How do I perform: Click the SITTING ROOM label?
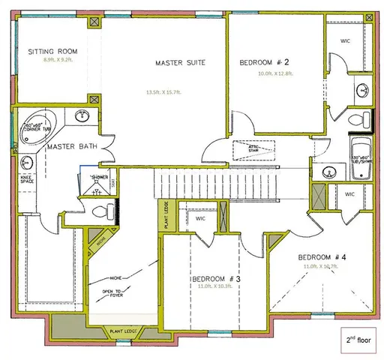tap(53, 52)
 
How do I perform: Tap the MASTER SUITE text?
tap(180, 62)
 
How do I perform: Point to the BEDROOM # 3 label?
tap(214, 279)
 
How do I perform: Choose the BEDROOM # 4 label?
tap(322, 254)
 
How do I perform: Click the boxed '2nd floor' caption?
tap(358, 339)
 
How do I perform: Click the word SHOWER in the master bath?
tap(100, 177)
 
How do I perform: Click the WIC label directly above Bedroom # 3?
tap(201, 218)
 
